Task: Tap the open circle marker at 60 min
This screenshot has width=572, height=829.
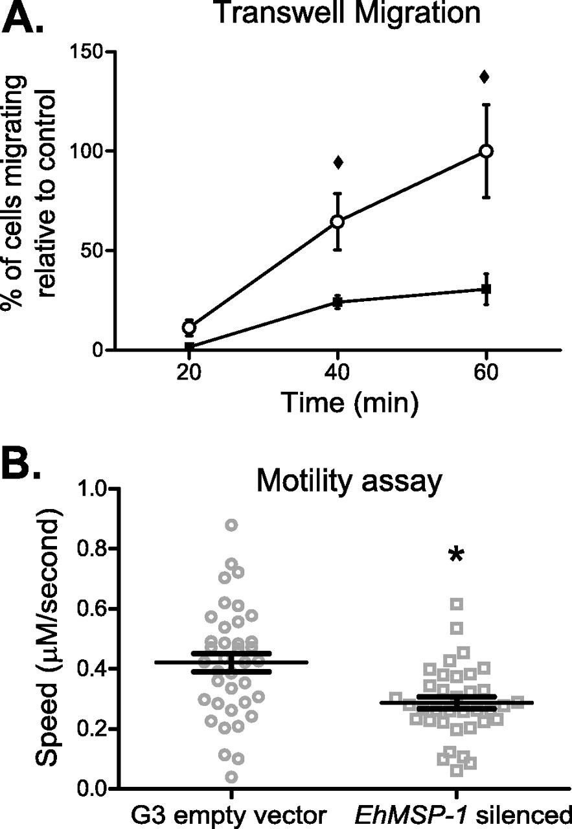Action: (486, 151)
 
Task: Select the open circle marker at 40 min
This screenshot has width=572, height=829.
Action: (337, 221)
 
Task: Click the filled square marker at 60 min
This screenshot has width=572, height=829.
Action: (486, 289)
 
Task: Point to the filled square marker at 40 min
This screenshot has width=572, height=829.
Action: (337, 302)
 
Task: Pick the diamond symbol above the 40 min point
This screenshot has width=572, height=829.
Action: (337, 162)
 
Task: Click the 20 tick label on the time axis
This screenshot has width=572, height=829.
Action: (189, 374)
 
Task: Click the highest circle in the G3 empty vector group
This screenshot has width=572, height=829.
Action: (232, 525)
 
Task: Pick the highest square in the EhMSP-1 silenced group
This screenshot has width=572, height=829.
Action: (457, 604)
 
